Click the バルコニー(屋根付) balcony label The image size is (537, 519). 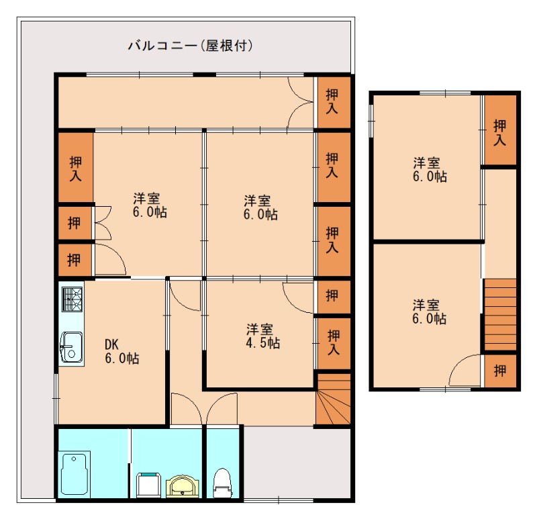point(190,46)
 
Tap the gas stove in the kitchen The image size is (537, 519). point(72,298)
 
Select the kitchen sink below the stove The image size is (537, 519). point(70,346)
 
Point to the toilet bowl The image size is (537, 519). point(222,483)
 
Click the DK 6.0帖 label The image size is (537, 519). point(121,351)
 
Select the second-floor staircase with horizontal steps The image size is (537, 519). point(500,314)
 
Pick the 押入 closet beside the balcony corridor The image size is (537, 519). point(332,101)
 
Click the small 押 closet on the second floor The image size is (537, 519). point(500,370)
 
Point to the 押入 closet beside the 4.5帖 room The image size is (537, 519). point(332,341)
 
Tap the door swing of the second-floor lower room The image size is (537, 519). point(465,372)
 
